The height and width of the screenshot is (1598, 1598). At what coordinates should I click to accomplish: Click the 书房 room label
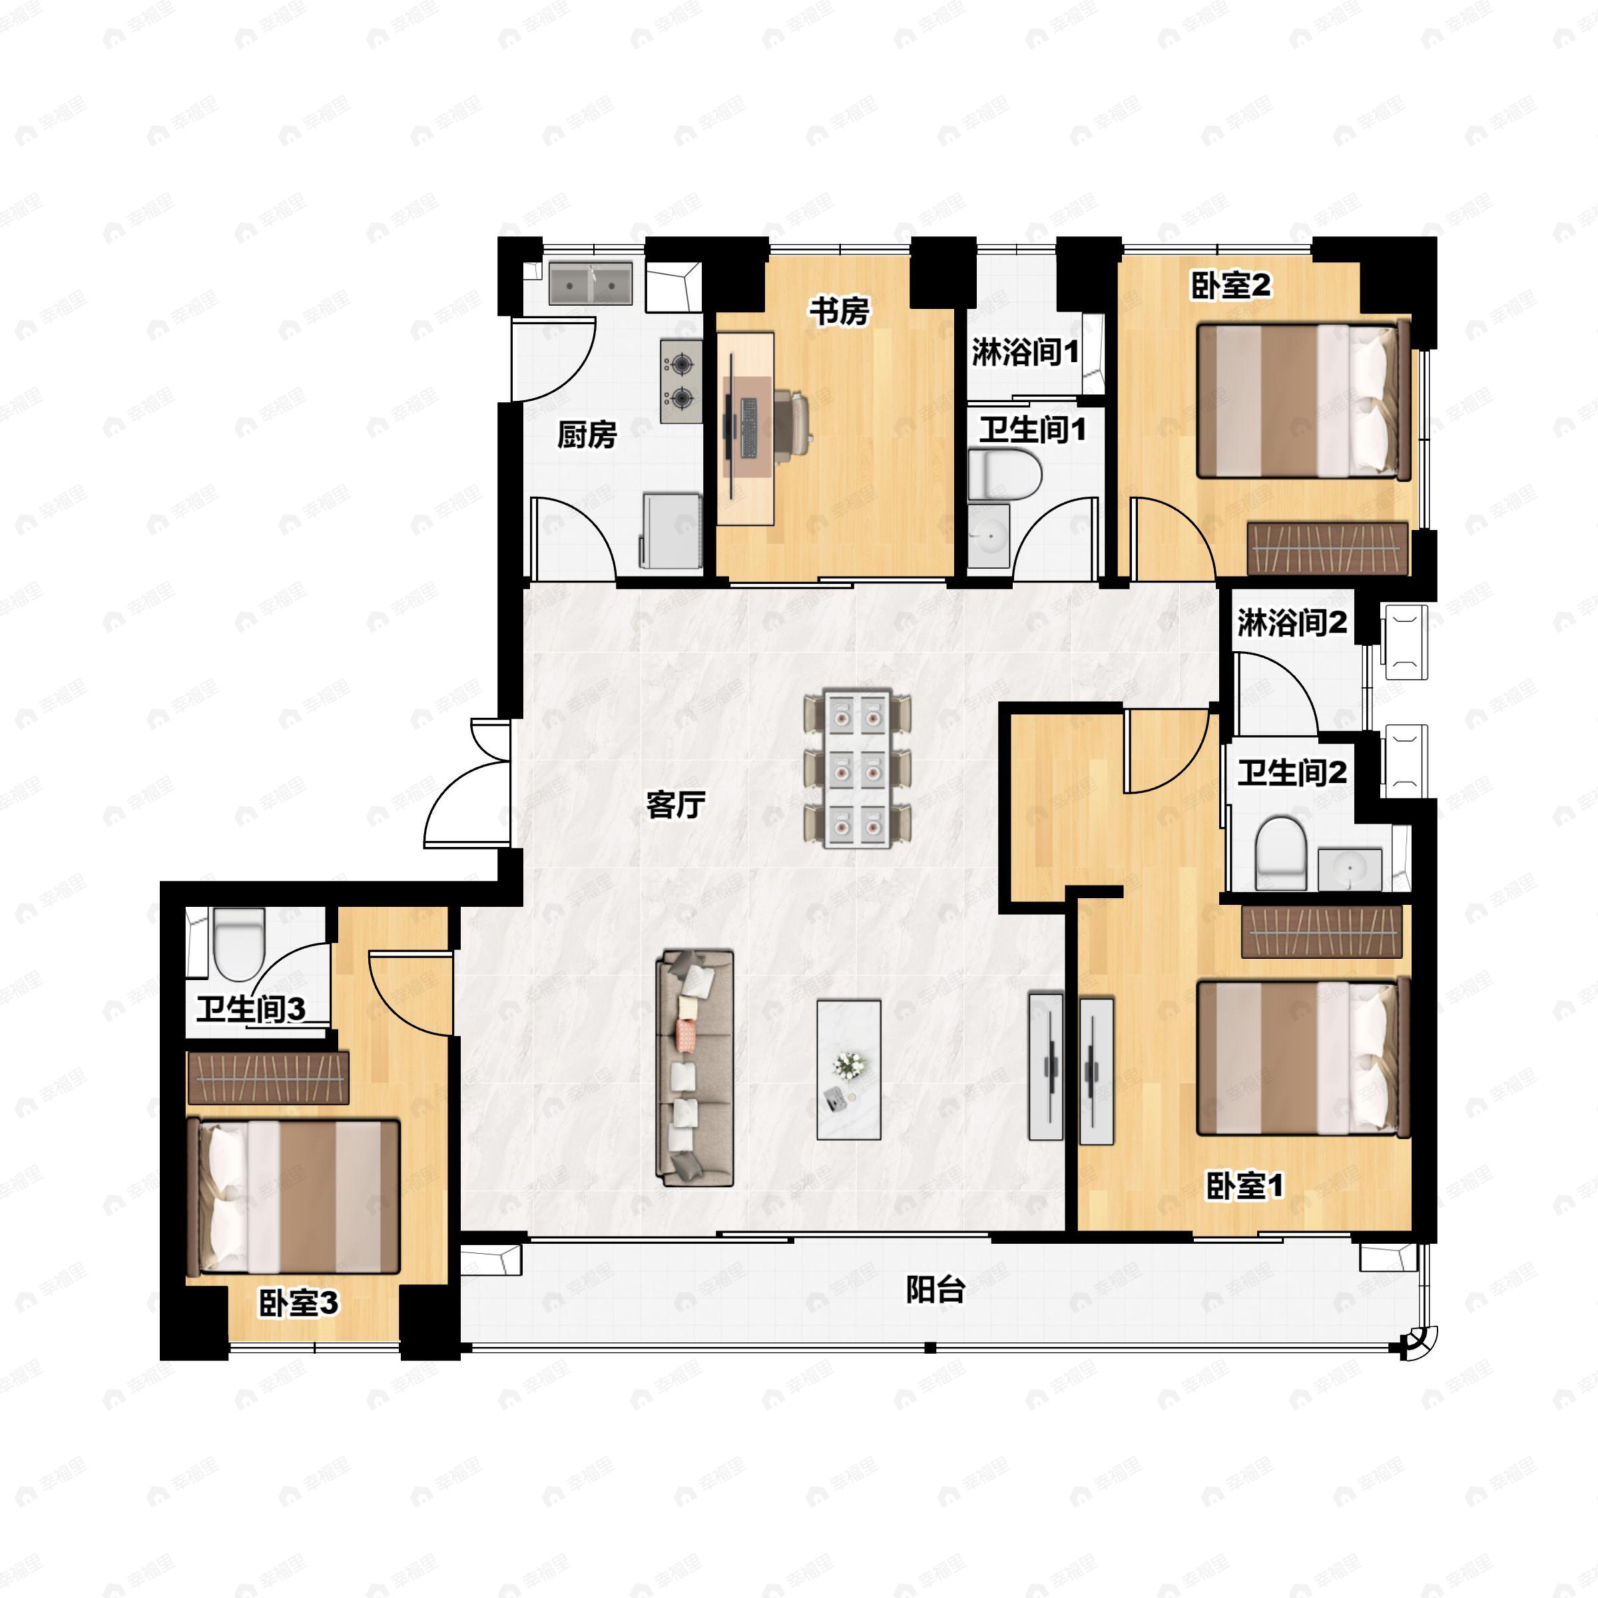[x=839, y=313]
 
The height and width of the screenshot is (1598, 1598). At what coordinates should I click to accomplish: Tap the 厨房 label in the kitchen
[x=587, y=435]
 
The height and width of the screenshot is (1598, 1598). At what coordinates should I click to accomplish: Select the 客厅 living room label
[x=676, y=804]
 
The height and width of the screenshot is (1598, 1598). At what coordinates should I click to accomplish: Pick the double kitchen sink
[x=591, y=283]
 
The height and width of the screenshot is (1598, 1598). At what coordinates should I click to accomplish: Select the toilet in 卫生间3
[x=238, y=943]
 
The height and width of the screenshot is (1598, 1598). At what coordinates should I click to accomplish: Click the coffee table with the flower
[x=849, y=1069]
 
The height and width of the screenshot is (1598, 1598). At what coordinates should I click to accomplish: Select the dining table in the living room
[x=858, y=769]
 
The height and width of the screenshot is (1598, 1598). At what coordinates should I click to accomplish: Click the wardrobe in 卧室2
[x=1328, y=547]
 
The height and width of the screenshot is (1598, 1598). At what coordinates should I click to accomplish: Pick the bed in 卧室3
[x=294, y=1196]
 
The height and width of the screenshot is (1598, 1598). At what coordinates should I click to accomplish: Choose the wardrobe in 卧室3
[x=267, y=1078]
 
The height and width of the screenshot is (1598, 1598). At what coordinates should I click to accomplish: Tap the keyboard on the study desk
[x=748, y=427]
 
